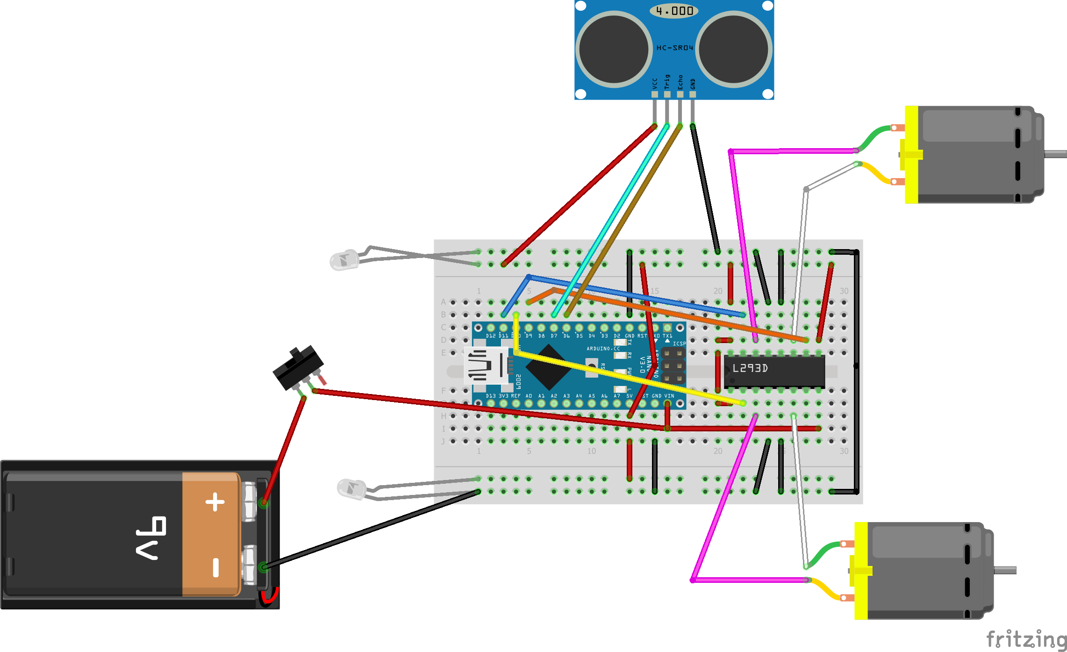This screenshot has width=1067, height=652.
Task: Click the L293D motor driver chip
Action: [x=774, y=371]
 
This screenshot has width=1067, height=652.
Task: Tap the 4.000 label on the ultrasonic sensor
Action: [x=674, y=11]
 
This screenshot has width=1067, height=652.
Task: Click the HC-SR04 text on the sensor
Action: [x=674, y=48]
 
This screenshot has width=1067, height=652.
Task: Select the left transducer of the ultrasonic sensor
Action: [x=614, y=49]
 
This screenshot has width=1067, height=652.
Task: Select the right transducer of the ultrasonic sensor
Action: [x=733, y=49]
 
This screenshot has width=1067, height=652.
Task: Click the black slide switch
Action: [x=298, y=366]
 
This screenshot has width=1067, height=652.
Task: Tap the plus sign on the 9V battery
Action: [x=215, y=502]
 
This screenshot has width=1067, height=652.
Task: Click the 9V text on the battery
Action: [x=151, y=537]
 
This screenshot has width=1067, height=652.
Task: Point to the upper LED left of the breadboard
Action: [x=345, y=260]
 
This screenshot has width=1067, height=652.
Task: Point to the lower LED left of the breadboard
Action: [x=351, y=489]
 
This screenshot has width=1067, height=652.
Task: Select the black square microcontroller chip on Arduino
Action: [x=549, y=367]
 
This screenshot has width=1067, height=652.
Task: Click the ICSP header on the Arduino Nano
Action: [x=673, y=365]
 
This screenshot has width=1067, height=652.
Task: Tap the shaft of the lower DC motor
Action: [x=1005, y=570]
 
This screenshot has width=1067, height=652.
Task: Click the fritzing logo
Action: [x=1026, y=639]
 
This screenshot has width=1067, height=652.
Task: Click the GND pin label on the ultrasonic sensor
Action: [x=693, y=84]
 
